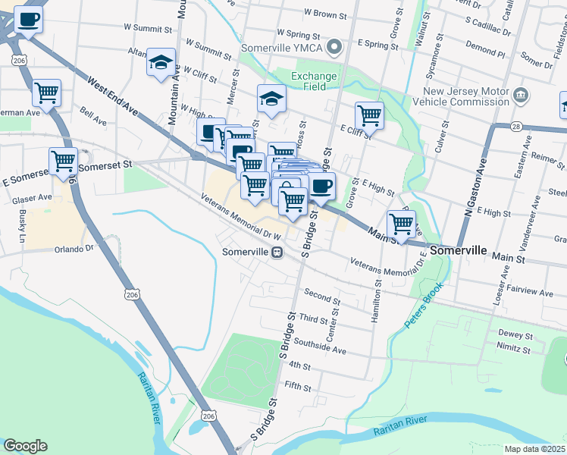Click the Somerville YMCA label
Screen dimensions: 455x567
click(x=282, y=48)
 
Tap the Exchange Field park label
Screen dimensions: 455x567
click(x=314, y=82)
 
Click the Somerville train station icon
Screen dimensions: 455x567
click(x=277, y=252)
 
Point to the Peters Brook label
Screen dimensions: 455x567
click(x=421, y=312)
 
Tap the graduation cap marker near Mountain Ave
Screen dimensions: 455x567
click(x=161, y=63)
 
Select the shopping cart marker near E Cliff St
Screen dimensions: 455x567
click(x=369, y=115)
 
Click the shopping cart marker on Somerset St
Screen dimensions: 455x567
click(x=63, y=161)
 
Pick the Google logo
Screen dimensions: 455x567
click(x=25, y=446)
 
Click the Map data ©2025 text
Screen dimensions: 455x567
click(x=534, y=449)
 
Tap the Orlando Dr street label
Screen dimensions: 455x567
click(x=73, y=248)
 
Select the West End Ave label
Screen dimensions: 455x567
click(x=113, y=96)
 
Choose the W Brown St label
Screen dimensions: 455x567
click(x=324, y=14)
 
